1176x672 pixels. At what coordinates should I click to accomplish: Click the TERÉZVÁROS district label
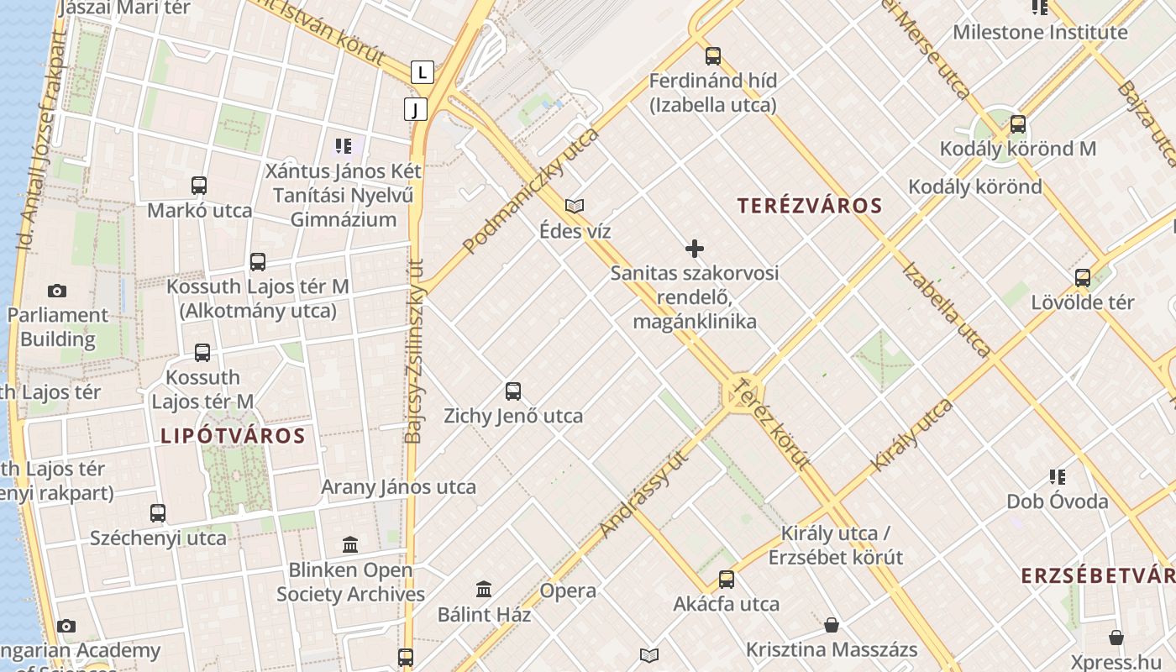(x=810, y=206)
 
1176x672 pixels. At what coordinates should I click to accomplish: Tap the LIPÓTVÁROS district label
(x=233, y=436)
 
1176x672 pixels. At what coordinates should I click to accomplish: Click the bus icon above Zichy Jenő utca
(x=513, y=391)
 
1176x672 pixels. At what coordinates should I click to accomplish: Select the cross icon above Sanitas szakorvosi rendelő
(x=695, y=249)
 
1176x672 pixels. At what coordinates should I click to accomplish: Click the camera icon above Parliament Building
(x=57, y=291)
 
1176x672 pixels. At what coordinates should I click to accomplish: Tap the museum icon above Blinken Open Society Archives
(x=350, y=545)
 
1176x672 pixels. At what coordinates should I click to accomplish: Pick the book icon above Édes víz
(x=575, y=206)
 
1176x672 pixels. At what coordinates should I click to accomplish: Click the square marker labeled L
(x=422, y=73)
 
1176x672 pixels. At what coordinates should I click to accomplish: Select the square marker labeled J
(x=415, y=109)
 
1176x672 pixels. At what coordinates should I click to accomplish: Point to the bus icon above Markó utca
(x=199, y=186)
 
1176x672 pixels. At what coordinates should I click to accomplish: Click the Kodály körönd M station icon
(x=1018, y=124)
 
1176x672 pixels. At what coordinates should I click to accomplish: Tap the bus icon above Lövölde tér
(x=1083, y=278)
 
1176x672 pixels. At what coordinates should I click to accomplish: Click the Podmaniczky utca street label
(x=532, y=191)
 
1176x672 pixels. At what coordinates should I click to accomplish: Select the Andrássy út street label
(x=644, y=492)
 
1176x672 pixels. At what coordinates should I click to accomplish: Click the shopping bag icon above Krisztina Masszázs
(x=832, y=625)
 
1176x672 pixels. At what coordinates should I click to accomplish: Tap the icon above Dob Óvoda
(x=1058, y=477)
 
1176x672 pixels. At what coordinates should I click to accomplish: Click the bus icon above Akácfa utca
(x=726, y=580)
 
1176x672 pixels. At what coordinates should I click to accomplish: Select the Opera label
(x=568, y=591)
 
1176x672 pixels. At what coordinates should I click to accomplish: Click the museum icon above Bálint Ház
(x=484, y=590)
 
